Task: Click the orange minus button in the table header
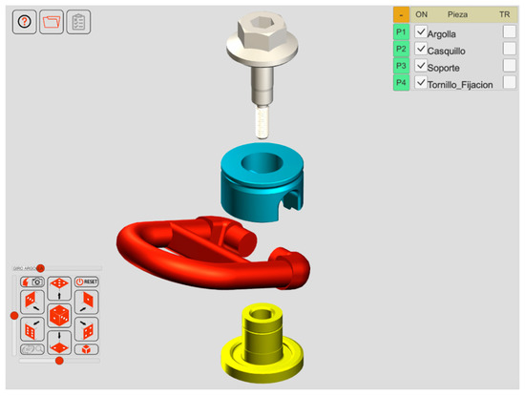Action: click(x=402, y=15)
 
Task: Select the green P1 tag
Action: click(x=402, y=32)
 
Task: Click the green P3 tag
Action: click(x=402, y=67)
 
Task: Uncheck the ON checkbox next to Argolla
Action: click(x=421, y=32)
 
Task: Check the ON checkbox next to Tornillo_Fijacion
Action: click(x=421, y=84)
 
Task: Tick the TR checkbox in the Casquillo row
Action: click(x=510, y=50)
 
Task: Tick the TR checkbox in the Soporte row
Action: click(x=510, y=67)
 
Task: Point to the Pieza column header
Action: click(x=458, y=15)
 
